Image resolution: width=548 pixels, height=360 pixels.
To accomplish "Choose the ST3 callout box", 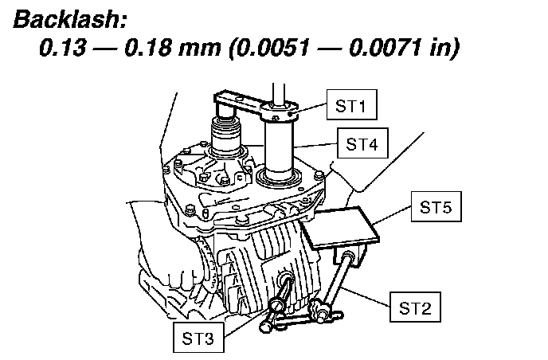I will point(196,338).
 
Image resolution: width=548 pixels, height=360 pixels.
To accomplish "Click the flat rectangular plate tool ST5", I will point(341,228).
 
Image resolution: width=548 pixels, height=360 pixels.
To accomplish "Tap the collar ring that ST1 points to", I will point(282,114).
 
